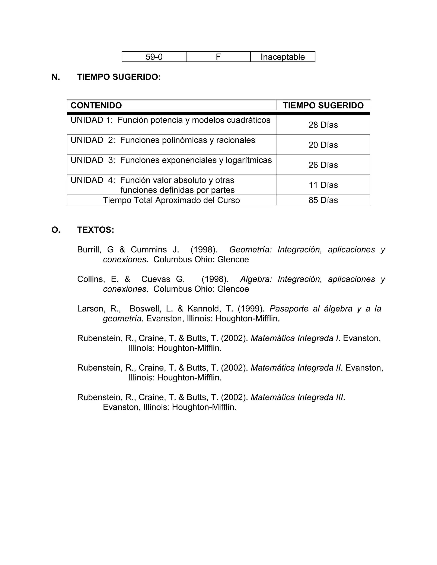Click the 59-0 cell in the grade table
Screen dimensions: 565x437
point(154,57)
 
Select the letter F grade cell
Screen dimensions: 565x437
point(218,57)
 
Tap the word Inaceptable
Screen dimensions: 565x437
point(283,57)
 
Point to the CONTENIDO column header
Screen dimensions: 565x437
point(96,106)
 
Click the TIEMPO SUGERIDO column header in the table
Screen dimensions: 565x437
point(323,106)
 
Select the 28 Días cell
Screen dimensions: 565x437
point(323,125)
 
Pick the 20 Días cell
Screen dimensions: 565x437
point(323,145)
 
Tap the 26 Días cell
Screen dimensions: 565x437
point(323,165)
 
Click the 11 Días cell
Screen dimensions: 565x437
point(323,185)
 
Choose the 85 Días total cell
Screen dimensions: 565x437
point(323,200)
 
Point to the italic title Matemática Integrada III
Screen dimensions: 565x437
point(297,397)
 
